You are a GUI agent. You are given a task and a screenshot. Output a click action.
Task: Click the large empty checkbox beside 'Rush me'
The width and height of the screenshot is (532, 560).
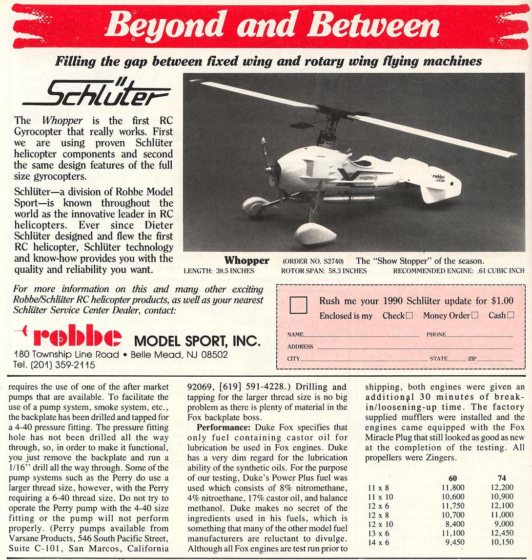(298, 305)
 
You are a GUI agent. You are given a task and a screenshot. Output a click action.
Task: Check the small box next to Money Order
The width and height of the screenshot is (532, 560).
(475, 316)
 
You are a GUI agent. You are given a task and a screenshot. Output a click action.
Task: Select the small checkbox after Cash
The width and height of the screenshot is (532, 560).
(511, 316)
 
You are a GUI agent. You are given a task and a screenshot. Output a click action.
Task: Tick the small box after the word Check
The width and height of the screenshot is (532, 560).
(409, 316)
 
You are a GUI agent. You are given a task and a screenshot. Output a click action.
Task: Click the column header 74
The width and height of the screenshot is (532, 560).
(502, 478)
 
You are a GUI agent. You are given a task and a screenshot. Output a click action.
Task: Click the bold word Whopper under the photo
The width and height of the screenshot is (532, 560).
(246, 261)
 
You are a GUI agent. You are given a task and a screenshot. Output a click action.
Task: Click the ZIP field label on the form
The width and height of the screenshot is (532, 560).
(472, 359)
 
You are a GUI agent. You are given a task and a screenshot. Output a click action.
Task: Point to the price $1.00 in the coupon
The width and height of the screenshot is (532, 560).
(502, 301)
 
